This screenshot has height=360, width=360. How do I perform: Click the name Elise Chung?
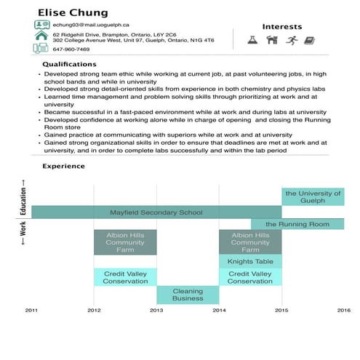pos(73,12)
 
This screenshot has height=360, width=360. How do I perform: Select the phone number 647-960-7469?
pos(71,49)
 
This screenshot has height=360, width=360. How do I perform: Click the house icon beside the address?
pos(41,36)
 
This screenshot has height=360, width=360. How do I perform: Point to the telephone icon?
pos(41,49)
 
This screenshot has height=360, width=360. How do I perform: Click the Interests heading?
pos(282,26)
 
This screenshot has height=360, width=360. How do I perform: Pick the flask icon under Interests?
pos(253,41)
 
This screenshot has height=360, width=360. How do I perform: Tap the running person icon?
pos(292,41)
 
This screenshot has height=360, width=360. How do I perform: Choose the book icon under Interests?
pos(309,41)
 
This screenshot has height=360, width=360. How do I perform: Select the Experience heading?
pos(63,166)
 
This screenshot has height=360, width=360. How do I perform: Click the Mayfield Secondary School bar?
pos(156,213)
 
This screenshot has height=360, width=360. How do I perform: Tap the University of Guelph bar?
pos(313,196)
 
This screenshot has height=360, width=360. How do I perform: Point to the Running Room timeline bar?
pos(297,224)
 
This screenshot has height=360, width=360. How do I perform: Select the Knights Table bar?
pos(250,261)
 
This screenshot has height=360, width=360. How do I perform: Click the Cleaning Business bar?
pos(188,295)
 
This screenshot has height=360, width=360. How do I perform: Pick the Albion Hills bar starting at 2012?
pos(125,243)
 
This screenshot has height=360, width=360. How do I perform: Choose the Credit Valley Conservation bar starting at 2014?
pos(250,277)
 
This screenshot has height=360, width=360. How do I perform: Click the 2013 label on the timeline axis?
pos(156,310)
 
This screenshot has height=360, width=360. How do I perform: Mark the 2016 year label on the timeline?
pos(343,310)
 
